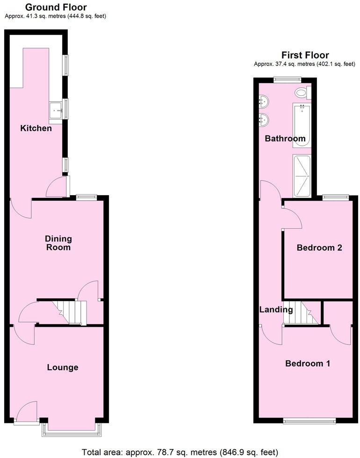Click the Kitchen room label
36,128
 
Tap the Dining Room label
58,243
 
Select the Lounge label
63,367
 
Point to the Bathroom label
285,138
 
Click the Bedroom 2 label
319,247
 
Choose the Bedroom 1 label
308,363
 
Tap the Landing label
276,309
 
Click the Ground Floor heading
56,7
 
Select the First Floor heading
305,55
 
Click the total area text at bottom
180,452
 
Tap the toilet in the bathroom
302,93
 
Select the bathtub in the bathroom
301,126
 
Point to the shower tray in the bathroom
301,176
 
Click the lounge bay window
71,431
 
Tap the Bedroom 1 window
310,421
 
